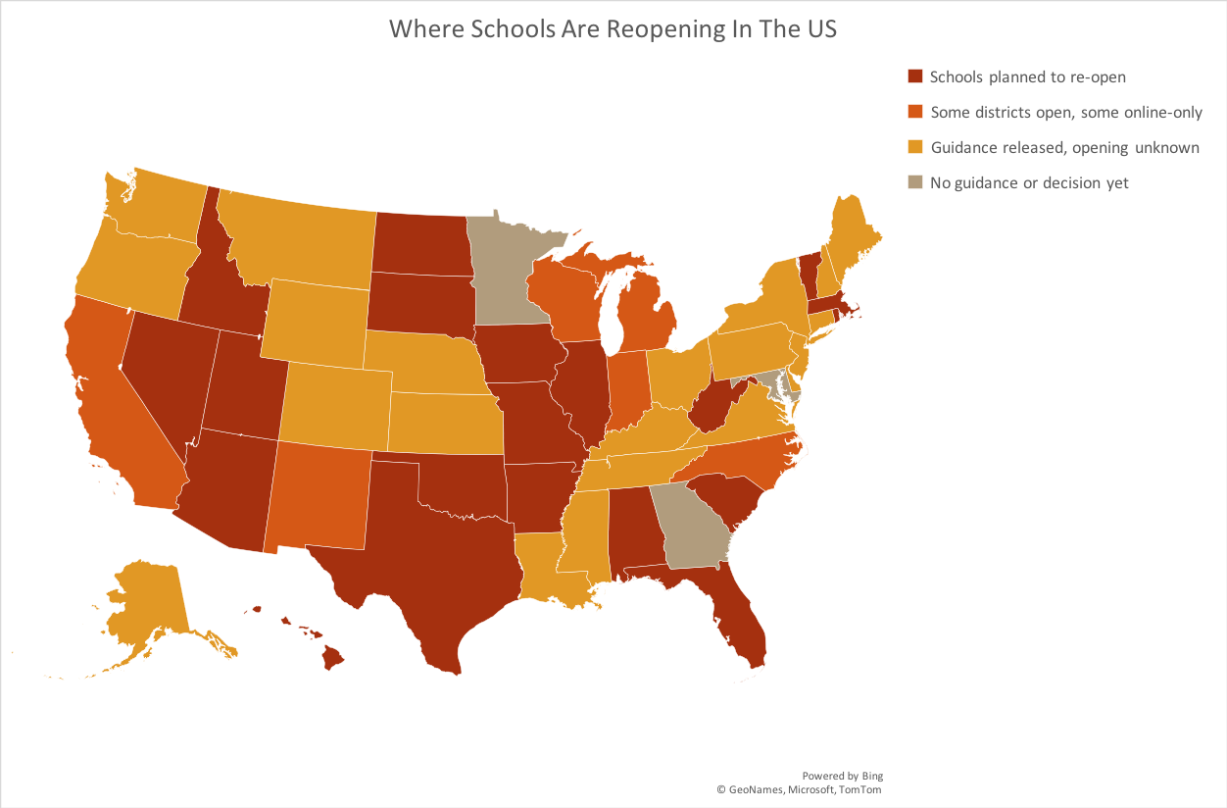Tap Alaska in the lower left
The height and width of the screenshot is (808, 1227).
coord(147,603)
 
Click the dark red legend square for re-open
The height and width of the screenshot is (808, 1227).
coord(915,76)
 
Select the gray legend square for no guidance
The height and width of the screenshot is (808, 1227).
coord(915,182)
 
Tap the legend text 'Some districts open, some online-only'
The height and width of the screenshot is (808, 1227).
coord(1066,112)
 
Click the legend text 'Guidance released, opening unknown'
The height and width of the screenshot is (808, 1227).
coord(1064,147)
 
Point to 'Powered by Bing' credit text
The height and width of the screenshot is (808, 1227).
coord(842,776)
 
